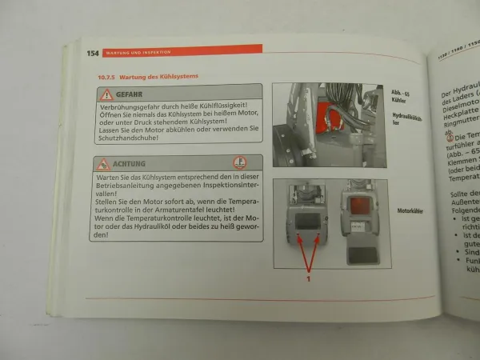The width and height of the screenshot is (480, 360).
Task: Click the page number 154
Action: pos(93,53)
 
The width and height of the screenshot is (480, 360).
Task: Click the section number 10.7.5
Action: pos(96,77)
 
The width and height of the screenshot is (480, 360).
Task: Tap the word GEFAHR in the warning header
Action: pos(131,95)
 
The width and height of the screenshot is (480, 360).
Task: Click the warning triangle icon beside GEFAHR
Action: pos(106,95)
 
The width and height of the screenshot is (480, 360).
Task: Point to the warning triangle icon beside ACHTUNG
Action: pos(103,164)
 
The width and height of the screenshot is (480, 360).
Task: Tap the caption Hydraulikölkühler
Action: pos(408,120)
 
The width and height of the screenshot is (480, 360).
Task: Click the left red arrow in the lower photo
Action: pos(298,254)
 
